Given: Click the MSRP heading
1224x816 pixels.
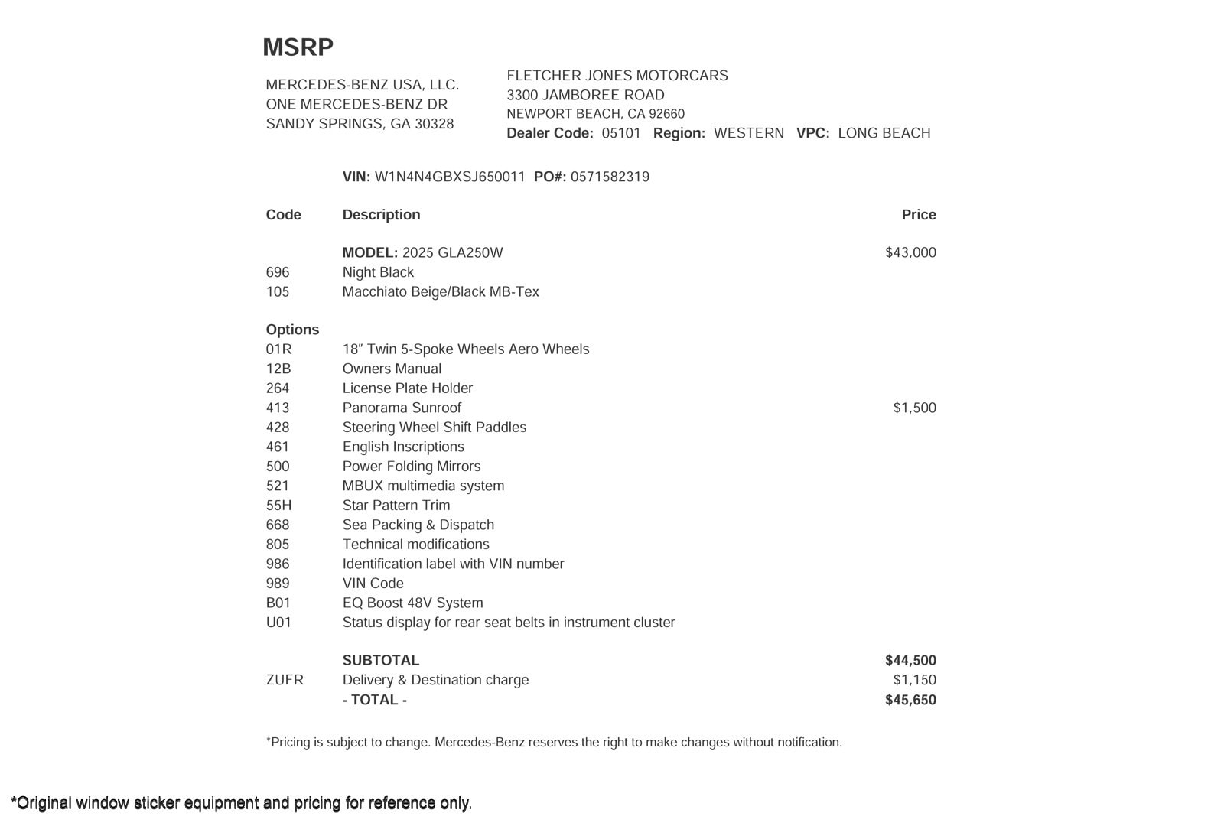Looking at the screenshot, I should [x=298, y=47].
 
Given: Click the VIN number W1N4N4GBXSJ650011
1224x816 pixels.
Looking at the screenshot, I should [x=450, y=177].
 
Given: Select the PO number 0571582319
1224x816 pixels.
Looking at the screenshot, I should [x=610, y=177].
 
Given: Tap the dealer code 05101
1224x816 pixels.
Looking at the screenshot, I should [x=621, y=133].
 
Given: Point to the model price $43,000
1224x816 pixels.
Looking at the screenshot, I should [x=910, y=252].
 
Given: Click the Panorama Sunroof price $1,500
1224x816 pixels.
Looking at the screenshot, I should [x=914, y=408].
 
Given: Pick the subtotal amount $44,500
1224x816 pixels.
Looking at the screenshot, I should [x=910, y=660].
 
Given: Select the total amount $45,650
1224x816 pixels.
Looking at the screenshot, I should [x=910, y=700].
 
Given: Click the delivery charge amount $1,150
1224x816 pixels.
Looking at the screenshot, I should [x=914, y=680].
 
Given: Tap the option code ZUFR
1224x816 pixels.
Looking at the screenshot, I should [x=285, y=680].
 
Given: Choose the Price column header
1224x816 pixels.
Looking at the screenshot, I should [x=919, y=215].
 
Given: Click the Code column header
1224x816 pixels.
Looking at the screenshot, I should [x=283, y=215].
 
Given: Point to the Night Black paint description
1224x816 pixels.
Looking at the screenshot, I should [x=378, y=272].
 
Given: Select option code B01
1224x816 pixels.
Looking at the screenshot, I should [x=278, y=603].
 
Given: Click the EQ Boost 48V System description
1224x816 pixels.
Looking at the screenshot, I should [x=412, y=603].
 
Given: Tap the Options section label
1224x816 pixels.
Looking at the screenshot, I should [x=292, y=330].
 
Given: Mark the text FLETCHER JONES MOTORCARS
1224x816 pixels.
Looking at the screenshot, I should [x=617, y=76].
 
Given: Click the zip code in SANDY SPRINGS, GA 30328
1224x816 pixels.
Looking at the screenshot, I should [x=435, y=124].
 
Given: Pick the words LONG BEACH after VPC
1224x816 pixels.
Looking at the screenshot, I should [x=884, y=133].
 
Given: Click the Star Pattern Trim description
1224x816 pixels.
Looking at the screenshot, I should [x=396, y=506].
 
